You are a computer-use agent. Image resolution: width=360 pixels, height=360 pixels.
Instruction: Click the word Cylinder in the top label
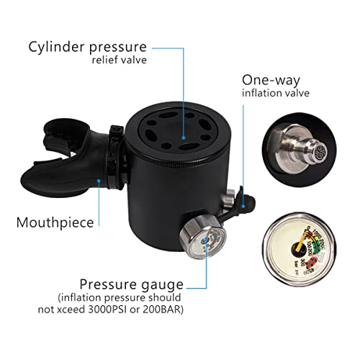pos(57,47)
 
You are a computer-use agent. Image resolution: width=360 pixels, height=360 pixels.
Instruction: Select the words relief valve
pos(119,60)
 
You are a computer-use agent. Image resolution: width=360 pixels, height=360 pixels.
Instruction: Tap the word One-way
pos(271,81)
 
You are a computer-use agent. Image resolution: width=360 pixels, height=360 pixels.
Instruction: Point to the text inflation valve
pos(276,93)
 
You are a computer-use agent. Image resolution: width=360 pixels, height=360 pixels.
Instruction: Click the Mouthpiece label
pos(55,222)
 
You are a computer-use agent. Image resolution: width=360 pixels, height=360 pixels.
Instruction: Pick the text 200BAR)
pos(163,310)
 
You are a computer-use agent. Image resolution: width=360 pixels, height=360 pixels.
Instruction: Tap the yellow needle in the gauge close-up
pos(300,243)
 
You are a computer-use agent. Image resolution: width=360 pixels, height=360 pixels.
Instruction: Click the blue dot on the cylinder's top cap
pos(184,138)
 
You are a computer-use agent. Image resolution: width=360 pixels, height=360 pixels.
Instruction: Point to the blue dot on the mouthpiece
pos(99,181)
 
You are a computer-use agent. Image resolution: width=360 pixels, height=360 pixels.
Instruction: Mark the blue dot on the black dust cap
pos(243,206)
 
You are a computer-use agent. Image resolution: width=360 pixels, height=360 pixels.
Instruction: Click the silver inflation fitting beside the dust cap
pos(228,201)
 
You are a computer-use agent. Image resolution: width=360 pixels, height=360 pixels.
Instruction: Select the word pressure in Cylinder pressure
pos(118,48)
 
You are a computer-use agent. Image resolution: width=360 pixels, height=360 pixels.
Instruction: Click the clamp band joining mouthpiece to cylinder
pos(117,156)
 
